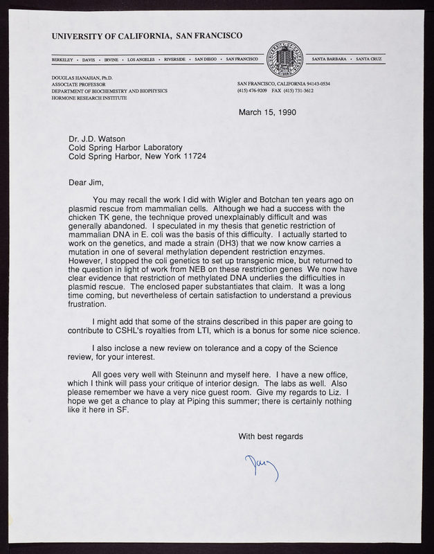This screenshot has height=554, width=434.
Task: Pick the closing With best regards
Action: pyautogui.click(x=271, y=436)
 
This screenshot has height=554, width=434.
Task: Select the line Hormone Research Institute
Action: pyautogui.click(x=91, y=98)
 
